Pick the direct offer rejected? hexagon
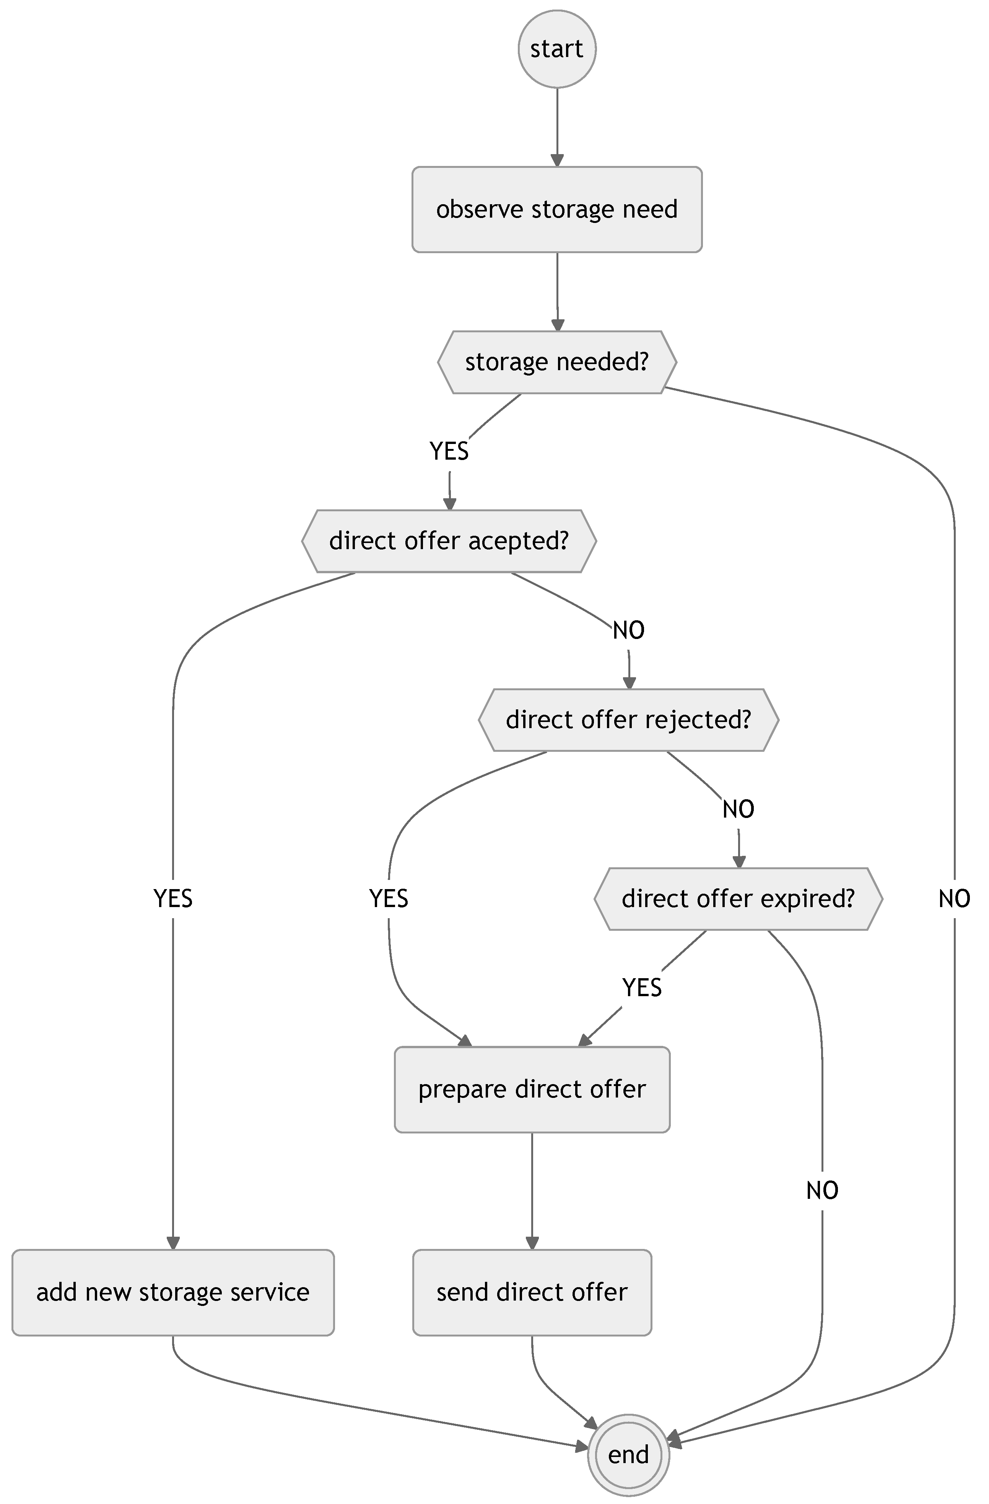click(x=628, y=719)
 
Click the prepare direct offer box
click(x=532, y=1089)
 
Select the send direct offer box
click(x=532, y=1292)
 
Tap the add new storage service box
click(x=172, y=1292)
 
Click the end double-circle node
click(x=628, y=1455)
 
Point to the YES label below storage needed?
click(x=449, y=451)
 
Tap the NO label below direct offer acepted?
click(x=628, y=630)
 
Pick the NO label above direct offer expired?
click(x=737, y=809)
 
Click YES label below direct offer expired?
click(x=641, y=987)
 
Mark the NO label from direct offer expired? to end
click(x=821, y=1190)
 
